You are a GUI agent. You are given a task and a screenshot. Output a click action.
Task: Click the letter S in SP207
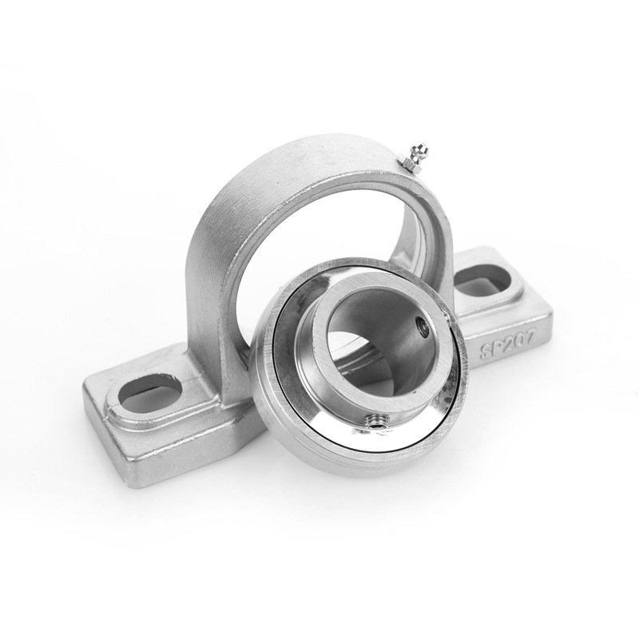point(486,351)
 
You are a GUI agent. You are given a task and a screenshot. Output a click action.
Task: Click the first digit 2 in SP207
point(510,343)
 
